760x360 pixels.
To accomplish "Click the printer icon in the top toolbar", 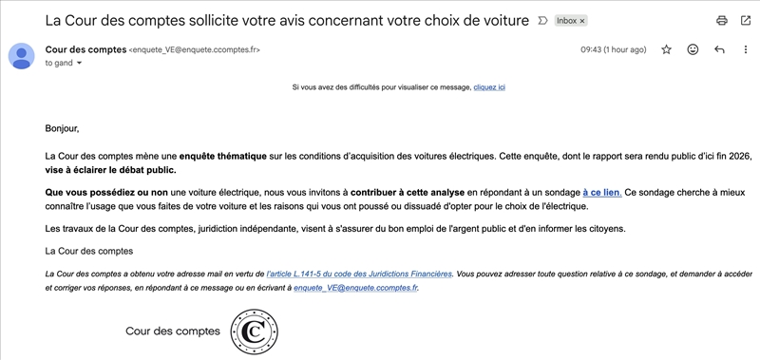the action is [721, 20].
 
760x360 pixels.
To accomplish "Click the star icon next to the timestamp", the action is [666, 49].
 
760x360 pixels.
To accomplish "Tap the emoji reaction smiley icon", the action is [693, 49].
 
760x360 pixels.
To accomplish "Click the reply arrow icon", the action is [719, 49].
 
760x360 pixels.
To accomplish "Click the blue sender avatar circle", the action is [21, 57].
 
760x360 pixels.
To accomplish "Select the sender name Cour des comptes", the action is [85, 49].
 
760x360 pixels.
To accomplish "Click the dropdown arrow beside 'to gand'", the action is [79, 63].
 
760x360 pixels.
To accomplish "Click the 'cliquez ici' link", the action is [488, 87].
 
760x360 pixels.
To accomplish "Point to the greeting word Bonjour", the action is [63, 128].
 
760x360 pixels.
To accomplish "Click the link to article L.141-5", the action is [360, 274].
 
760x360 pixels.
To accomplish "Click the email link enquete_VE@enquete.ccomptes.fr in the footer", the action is [355, 286].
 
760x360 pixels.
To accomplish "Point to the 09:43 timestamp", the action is [613, 49].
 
